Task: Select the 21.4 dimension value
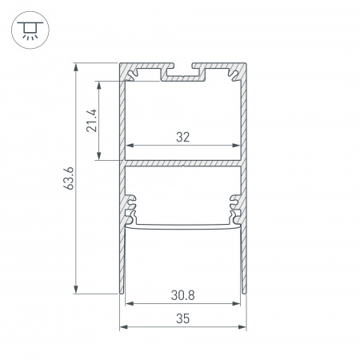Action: pos(93,120)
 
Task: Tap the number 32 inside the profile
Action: pos(183,137)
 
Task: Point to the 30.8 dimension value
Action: pos(183,294)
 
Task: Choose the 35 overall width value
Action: pos(183,318)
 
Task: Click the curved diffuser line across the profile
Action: pos(183,226)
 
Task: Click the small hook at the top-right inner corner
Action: pos(234,75)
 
